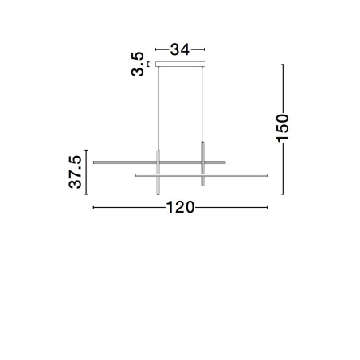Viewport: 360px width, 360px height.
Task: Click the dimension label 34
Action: pyautogui.click(x=180, y=49)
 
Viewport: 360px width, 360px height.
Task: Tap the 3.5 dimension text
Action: pyautogui.click(x=138, y=64)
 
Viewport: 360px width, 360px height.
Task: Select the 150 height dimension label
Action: pyautogui.click(x=283, y=127)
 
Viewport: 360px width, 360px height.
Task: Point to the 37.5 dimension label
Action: pyautogui.click(x=76, y=172)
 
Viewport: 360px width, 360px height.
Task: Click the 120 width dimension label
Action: pyautogui.click(x=180, y=207)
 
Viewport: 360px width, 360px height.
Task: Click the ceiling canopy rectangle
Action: pyautogui.click(x=180, y=65)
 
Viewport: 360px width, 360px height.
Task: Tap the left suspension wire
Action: pyautogui.click(x=158, y=108)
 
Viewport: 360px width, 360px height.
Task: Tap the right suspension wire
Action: pyautogui.click(x=202, y=104)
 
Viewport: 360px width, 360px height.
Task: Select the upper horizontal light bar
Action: pyautogui.click(x=159, y=162)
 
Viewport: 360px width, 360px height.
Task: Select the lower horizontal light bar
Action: pyautogui.click(x=202, y=175)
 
